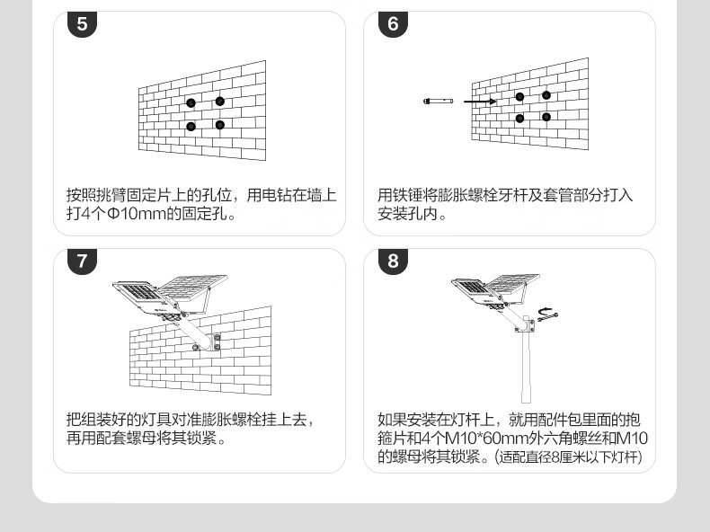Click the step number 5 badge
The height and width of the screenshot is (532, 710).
pyautogui.click(x=83, y=24)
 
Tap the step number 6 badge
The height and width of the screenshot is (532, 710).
pyautogui.click(x=393, y=24)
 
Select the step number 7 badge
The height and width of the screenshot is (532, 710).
pyautogui.click(x=83, y=262)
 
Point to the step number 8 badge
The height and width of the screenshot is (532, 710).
pyautogui.click(x=393, y=262)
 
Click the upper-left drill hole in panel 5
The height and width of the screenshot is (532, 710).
pyautogui.click(x=191, y=103)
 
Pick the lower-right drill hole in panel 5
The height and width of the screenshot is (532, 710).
pyautogui.click(x=219, y=125)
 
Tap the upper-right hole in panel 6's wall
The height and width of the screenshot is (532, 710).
pyautogui.click(x=546, y=94)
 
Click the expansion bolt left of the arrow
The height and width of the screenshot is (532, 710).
pyautogui.click(x=438, y=102)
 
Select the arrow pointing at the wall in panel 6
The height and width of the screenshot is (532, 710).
pyautogui.click(x=480, y=102)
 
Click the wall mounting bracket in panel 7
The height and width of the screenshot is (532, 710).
pyautogui.click(x=217, y=341)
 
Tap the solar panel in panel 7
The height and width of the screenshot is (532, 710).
pyautogui.click(x=193, y=288)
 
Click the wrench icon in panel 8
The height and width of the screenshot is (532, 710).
pyautogui.click(x=546, y=314)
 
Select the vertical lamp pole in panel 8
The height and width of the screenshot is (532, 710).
pyautogui.click(x=527, y=368)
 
